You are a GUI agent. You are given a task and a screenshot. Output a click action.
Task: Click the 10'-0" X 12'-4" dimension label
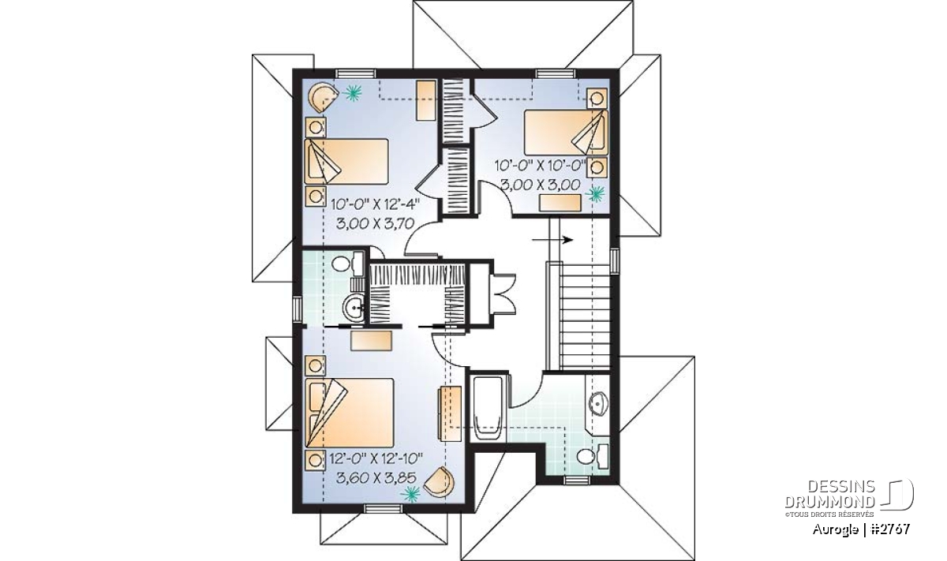[x=376, y=205]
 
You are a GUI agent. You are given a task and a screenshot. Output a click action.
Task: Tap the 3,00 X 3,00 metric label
[x=541, y=185]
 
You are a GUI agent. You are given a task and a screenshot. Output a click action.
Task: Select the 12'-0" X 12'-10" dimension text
[x=376, y=458]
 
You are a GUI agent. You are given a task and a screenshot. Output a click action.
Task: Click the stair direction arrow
[x=552, y=240]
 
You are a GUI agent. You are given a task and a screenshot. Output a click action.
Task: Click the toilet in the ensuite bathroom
[x=347, y=263]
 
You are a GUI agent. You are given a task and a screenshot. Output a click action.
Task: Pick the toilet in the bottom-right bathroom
[x=593, y=455]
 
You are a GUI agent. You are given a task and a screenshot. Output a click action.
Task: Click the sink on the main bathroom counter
[x=598, y=403]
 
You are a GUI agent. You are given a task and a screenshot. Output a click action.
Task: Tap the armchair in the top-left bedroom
[x=323, y=97]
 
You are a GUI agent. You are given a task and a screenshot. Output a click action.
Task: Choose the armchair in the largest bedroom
[x=440, y=482]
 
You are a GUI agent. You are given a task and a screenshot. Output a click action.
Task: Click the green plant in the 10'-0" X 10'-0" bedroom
[x=596, y=194]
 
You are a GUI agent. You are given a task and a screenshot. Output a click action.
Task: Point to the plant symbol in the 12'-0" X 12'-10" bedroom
[x=411, y=494]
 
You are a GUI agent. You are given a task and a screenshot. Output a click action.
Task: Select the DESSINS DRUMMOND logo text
[x=829, y=493]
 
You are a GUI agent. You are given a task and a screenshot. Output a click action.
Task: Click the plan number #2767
[x=891, y=529]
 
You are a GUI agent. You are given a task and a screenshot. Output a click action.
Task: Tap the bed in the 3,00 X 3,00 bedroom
[x=566, y=133]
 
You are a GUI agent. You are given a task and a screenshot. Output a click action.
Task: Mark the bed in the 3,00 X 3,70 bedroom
[x=346, y=161]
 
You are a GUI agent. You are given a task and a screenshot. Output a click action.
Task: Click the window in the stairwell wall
[x=615, y=260]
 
